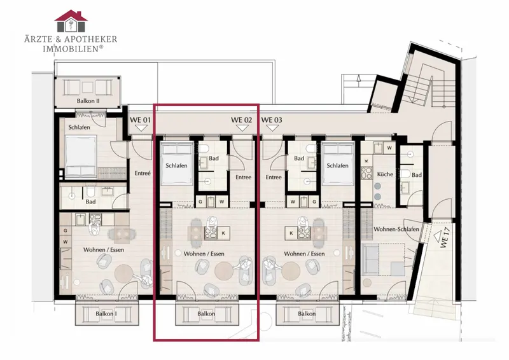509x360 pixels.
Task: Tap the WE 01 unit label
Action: point(140,120)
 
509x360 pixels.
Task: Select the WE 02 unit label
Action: point(242,120)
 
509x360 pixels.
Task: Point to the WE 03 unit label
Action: point(272,120)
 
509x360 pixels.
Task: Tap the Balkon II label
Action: point(88,101)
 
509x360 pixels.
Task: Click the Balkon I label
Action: point(106,314)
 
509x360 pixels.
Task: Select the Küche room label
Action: point(385,174)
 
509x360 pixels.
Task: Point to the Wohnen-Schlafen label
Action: point(396,229)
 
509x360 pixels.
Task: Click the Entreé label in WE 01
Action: point(143,174)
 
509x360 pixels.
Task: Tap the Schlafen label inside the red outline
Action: point(176,165)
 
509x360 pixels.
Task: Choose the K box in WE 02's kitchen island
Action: point(223,233)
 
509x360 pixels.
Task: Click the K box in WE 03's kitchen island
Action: point(291,233)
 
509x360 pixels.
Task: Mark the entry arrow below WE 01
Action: point(141,128)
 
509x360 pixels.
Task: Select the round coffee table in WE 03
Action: point(291,270)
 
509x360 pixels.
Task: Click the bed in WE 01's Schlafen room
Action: point(80,156)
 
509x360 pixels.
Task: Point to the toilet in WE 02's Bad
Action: point(204,149)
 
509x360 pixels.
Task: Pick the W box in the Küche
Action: point(389,148)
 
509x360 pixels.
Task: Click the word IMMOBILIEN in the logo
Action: point(71,49)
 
